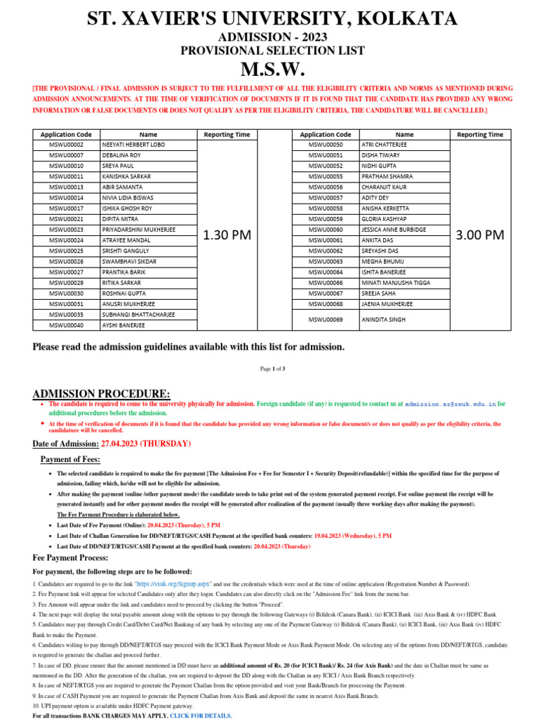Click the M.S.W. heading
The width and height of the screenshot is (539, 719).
tap(269, 70)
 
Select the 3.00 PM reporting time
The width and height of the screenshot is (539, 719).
tap(480, 235)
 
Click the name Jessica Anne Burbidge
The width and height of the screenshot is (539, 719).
tap(395, 230)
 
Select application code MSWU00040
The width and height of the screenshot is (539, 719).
tap(66, 325)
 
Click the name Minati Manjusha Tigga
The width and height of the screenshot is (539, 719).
tap(397, 283)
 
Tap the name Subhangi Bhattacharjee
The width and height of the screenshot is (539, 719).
tap(138, 315)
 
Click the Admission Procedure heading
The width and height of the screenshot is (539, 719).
tap(101, 393)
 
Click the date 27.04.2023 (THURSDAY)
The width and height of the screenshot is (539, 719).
tap(146, 444)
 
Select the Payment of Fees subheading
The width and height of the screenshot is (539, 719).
tap(70, 459)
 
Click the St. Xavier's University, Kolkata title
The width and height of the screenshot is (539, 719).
tap(269, 18)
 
